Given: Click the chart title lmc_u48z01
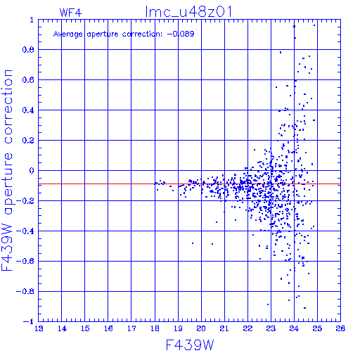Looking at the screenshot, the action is [x=188, y=12].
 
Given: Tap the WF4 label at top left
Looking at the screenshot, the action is [x=70, y=13].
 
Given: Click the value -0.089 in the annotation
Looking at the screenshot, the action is [x=181, y=34].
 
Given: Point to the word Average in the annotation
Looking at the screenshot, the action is [x=68, y=34].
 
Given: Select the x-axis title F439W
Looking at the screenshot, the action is [x=190, y=345].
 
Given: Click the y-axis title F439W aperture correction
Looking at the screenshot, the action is [x=7, y=170].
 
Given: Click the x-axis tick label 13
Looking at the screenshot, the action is [x=39, y=328].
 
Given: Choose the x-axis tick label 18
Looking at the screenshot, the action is [x=155, y=328].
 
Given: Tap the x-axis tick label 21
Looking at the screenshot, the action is [x=224, y=328].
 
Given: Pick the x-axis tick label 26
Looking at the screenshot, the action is [x=340, y=328].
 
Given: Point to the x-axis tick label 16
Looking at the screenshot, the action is [x=108, y=328].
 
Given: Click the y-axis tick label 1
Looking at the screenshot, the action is [x=32, y=20].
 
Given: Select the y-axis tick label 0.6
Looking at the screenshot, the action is [x=28, y=80].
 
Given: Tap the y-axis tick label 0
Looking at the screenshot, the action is [x=32, y=171].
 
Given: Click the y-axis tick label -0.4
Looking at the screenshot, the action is [x=25, y=231].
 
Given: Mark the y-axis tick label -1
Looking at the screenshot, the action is [x=29, y=321].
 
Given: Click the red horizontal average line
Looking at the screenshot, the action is [x=189, y=184].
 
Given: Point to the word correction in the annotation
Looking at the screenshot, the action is [x=142, y=34].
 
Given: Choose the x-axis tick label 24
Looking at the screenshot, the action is [x=294, y=328].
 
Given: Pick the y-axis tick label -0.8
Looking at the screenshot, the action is [x=25, y=291].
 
